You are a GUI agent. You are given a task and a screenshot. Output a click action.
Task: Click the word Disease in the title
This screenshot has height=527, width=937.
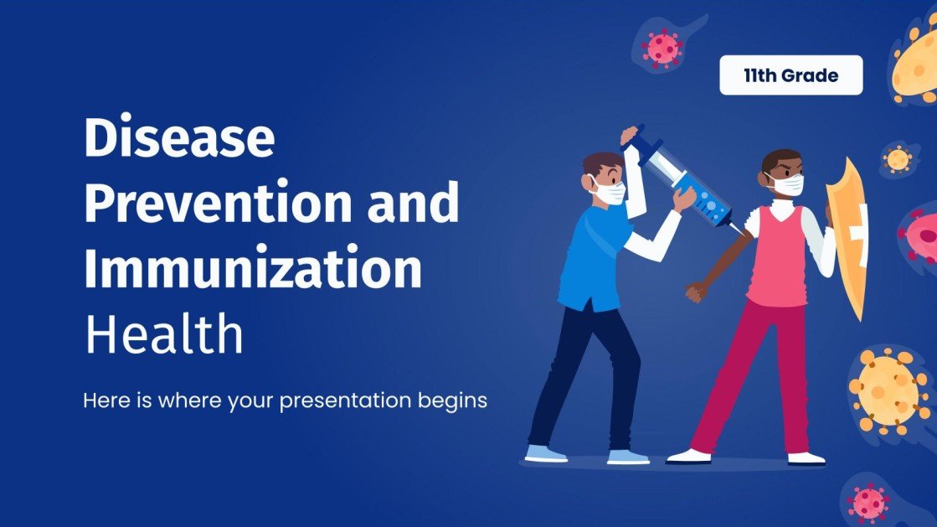click(178, 139)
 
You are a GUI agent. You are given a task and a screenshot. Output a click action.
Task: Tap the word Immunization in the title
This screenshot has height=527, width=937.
click(252, 269)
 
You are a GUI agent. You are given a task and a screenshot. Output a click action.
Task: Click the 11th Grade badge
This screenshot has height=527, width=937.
click(790, 75)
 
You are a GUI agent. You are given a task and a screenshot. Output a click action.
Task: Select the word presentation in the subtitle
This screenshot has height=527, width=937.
click(345, 400)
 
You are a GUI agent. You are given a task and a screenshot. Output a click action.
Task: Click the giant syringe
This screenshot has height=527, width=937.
click(682, 179)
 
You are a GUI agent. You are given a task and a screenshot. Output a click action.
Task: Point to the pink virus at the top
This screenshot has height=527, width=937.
click(662, 47)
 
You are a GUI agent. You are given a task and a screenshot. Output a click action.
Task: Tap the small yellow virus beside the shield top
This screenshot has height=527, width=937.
click(898, 158)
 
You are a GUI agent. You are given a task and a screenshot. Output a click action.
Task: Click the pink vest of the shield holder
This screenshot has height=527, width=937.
click(775, 256)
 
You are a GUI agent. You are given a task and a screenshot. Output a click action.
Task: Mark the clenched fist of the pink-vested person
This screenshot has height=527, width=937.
click(694, 292)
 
